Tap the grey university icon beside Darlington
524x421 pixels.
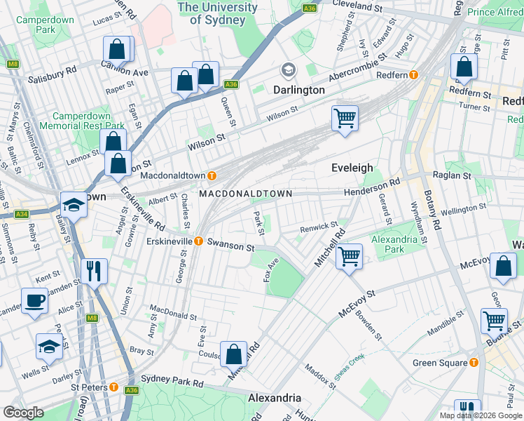point(287,70)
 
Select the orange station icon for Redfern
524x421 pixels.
point(414,74)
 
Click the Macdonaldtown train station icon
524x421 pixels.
point(209,175)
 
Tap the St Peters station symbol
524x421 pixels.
point(113,387)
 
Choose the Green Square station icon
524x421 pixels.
point(474,363)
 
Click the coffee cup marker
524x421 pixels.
point(34,302)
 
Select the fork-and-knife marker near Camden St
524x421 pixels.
point(93,270)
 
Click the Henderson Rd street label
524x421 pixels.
point(371,181)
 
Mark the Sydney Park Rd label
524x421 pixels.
point(172,380)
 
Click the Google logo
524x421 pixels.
point(23,413)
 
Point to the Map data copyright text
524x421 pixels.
point(480,415)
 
